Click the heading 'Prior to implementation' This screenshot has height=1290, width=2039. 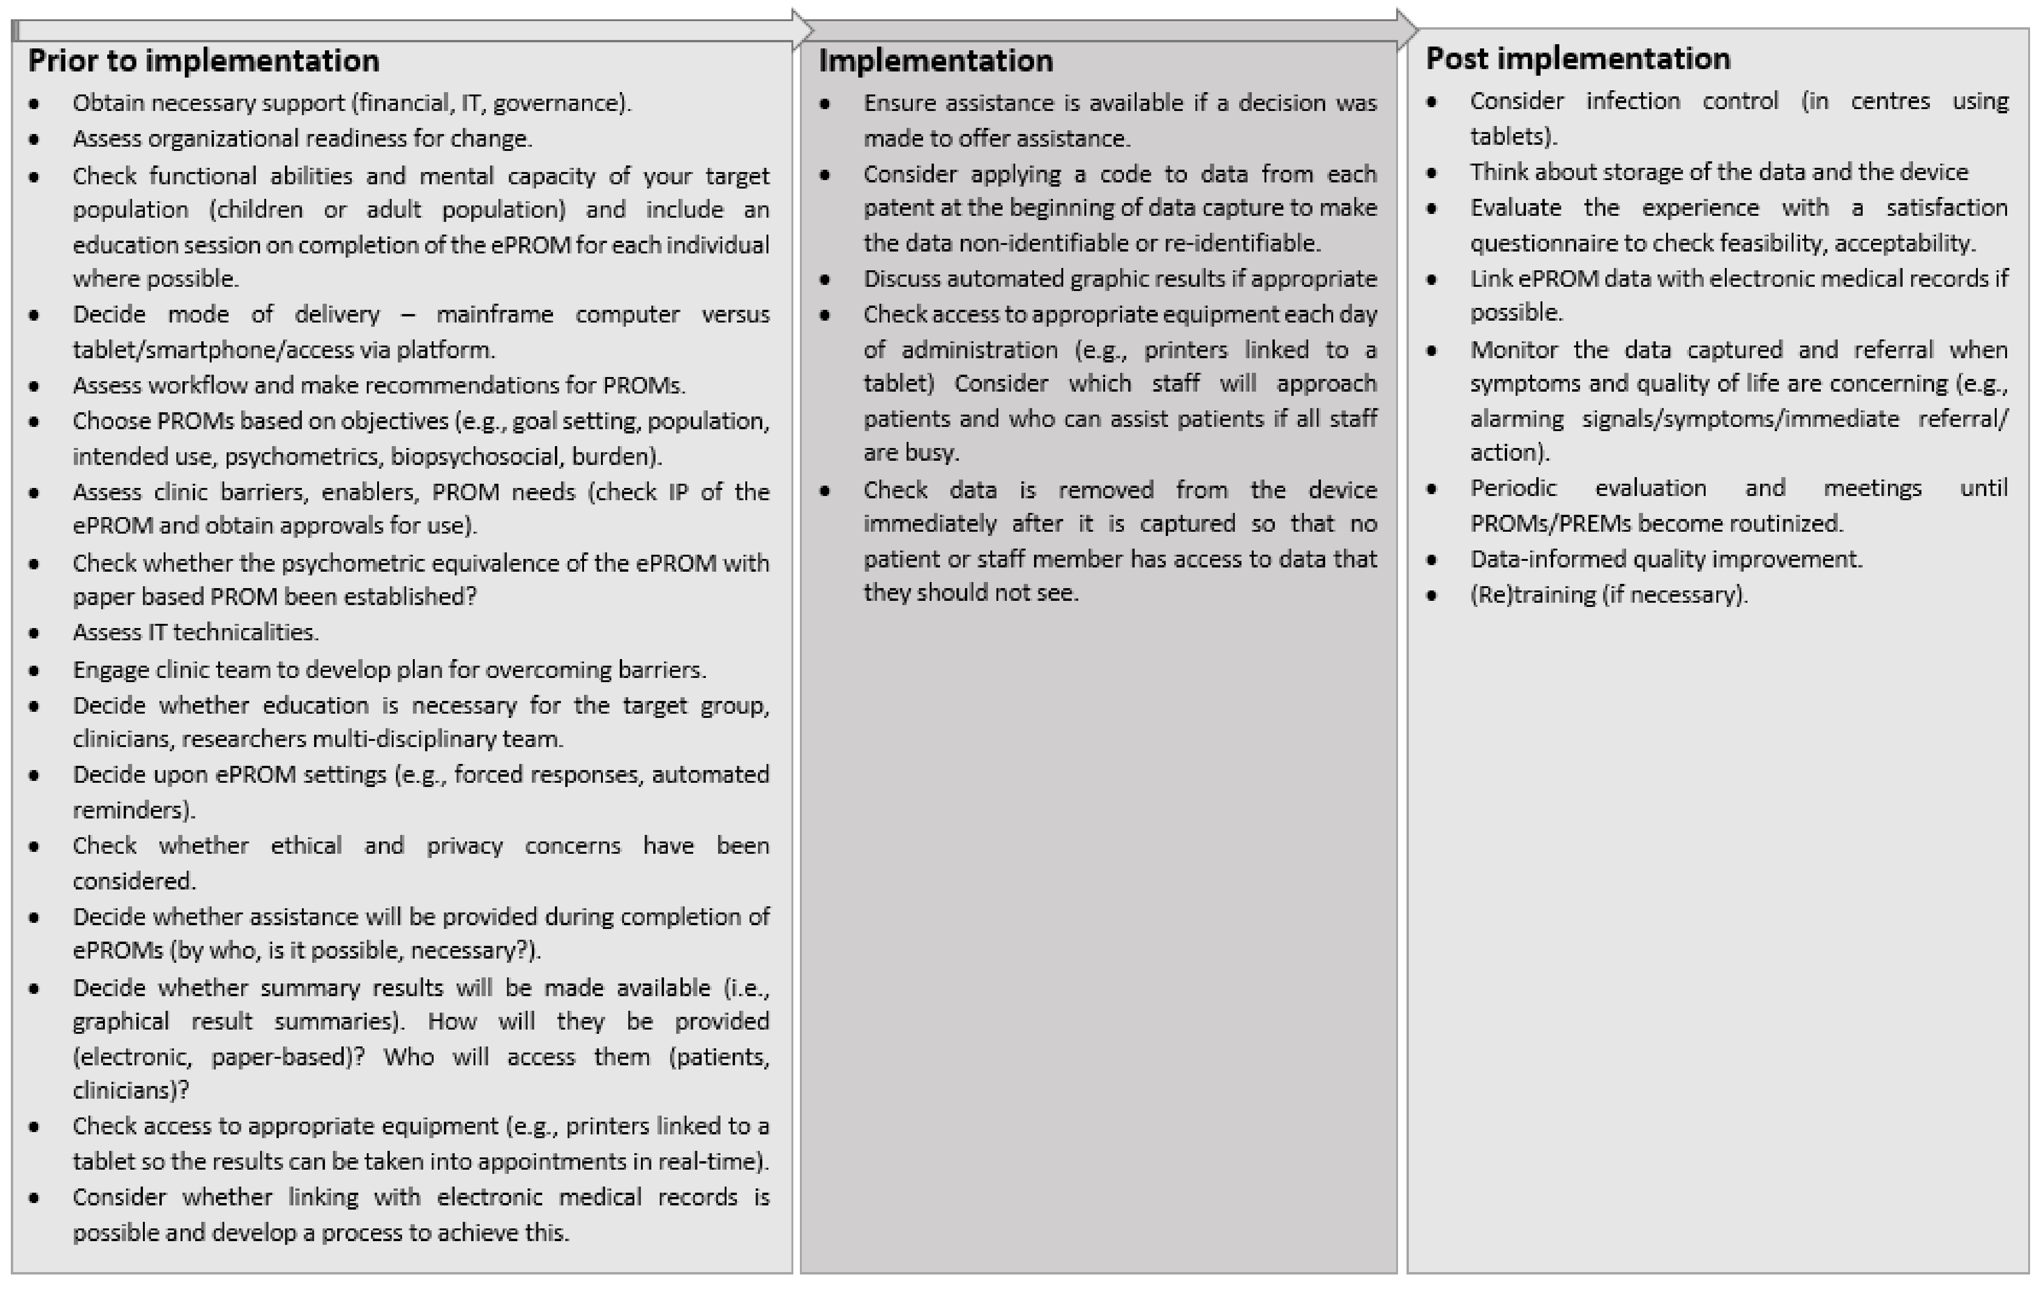[203, 61]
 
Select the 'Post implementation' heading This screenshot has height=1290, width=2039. [1578, 58]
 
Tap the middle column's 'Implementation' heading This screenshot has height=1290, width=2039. [936, 61]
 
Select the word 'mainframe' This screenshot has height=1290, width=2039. [495, 315]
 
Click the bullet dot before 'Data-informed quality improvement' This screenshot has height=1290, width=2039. [1432, 560]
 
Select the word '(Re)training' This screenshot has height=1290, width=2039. [1531, 595]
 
